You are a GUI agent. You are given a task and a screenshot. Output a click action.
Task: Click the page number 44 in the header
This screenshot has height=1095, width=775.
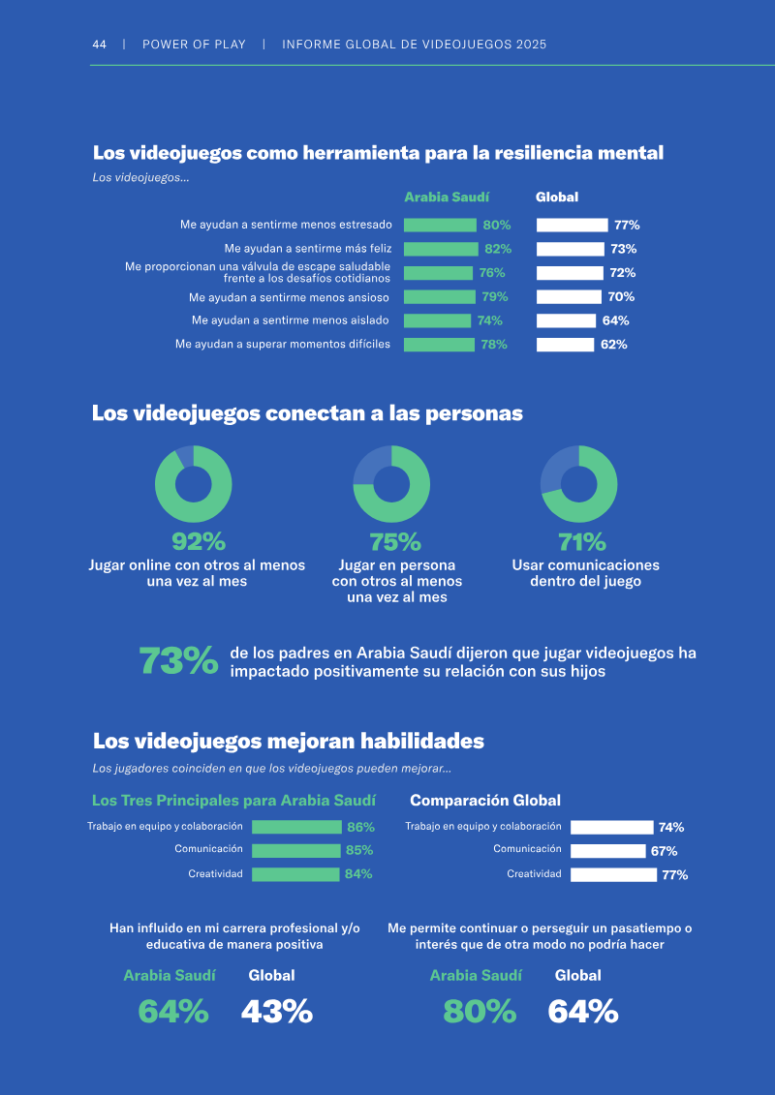[99, 45]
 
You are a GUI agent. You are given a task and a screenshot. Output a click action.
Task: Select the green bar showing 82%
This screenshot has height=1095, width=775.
[441, 250]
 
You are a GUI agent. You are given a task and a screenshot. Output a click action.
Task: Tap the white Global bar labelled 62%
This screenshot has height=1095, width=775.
[566, 345]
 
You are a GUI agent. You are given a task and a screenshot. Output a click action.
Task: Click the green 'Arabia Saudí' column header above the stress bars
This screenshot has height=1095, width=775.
[447, 198]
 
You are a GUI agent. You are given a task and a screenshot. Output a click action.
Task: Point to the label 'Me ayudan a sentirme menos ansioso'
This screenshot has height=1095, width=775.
[289, 297]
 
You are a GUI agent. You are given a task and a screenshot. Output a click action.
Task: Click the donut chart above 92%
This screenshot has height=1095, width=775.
[194, 484]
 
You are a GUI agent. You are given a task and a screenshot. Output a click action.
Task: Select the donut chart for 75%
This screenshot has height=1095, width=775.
[391, 484]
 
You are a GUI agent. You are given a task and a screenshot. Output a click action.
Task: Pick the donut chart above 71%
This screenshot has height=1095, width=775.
[578, 484]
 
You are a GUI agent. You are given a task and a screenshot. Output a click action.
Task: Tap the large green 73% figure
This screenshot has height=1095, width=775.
[179, 660]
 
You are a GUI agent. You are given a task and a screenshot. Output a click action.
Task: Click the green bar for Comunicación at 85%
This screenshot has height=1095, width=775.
[295, 851]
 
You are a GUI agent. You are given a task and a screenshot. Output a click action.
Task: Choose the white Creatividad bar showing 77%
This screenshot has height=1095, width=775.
[613, 874]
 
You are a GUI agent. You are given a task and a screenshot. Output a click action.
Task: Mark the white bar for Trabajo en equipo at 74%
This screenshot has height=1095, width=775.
[611, 828]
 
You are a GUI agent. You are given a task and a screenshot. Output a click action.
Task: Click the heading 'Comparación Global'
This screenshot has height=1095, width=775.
[485, 801]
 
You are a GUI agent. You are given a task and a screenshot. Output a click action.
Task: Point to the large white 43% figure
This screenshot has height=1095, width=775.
[277, 1011]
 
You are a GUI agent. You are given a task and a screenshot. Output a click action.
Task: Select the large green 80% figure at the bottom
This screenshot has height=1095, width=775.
[480, 1011]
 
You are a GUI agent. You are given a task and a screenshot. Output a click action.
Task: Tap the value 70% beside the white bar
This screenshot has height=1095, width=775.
[621, 297]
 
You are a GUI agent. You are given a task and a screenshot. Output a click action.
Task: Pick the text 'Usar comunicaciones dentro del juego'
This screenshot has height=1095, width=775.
[586, 573]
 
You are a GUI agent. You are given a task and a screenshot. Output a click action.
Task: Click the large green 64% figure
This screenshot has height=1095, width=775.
[173, 1011]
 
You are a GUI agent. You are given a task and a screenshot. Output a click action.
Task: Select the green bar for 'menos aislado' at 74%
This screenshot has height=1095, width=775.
[438, 320]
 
